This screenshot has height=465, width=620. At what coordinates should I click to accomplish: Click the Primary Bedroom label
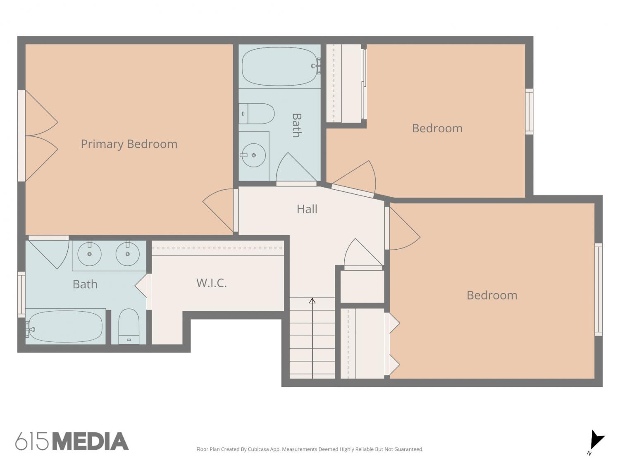click(x=129, y=144)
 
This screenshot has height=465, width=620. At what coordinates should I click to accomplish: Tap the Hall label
click(x=307, y=209)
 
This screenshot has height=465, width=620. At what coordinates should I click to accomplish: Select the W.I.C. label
click(x=212, y=283)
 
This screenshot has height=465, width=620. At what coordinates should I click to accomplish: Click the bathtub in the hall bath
click(x=280, y=67)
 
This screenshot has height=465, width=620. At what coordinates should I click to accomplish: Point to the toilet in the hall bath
click(x=257, y=114)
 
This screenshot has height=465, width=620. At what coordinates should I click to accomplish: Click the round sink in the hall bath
click(x=254, y=155)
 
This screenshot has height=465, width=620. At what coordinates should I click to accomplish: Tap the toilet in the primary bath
click(x=129, y=327)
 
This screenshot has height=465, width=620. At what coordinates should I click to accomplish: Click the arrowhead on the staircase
click(x=312, y=301)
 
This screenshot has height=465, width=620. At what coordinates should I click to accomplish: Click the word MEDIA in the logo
click(x=91, y=441)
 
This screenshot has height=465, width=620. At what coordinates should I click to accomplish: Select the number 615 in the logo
click(x=32, y=441)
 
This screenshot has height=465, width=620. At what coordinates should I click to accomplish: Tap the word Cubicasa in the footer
click(x=258, y=449)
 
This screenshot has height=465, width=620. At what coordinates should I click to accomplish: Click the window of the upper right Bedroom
click(x=529, y=112)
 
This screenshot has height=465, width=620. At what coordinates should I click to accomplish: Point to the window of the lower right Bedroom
click(x=599, y=289)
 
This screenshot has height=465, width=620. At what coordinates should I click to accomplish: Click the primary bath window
click(x=21, y=294)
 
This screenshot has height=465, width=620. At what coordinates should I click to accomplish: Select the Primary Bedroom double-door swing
click(x=41, y=136)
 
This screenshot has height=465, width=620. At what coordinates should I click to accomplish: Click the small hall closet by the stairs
click(x=362, y=286)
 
